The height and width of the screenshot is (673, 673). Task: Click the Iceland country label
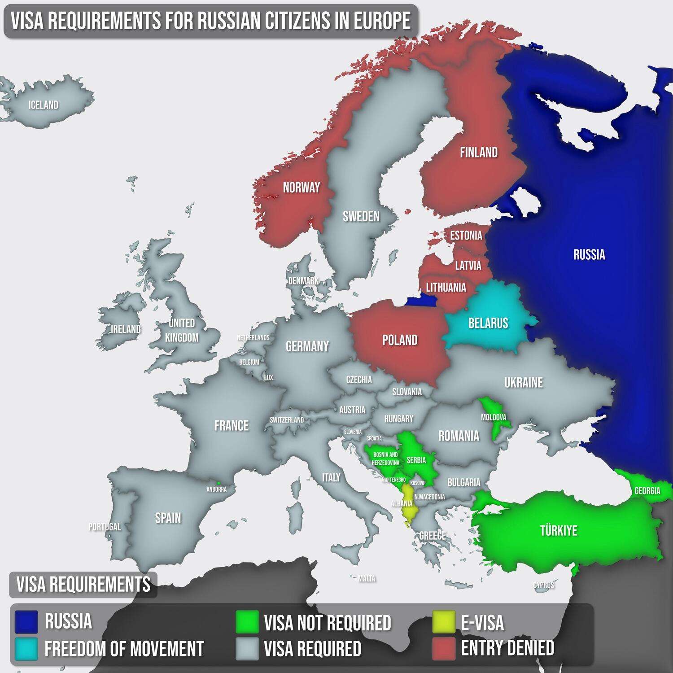[x=44, y=105]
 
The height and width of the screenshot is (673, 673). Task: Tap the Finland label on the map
[x=479, y=153]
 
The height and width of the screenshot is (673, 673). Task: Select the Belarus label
[x=488, y=323]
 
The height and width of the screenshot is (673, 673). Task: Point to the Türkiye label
[x=559, y=530]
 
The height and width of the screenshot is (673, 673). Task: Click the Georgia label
[x=647, y=490]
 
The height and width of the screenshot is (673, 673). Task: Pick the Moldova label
[x=494, y=417]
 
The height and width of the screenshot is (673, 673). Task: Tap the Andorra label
[x=216, y=489]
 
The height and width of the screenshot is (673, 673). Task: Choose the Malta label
[x=367, y=579]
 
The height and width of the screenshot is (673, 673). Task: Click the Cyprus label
[x=544, y=585]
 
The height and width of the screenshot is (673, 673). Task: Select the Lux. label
[x=269, y=378]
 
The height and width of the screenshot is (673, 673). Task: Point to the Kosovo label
[x=417, y=483]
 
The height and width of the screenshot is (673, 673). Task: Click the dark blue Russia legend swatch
[x=26, y=622]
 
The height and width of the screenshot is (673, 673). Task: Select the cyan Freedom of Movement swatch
[x=26, y=649]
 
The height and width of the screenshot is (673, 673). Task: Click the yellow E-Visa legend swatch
[x=444, y=622]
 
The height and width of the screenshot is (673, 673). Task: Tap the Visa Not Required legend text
[x=328, y=623]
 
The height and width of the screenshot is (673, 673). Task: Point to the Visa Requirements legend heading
[x=83, y=585]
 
